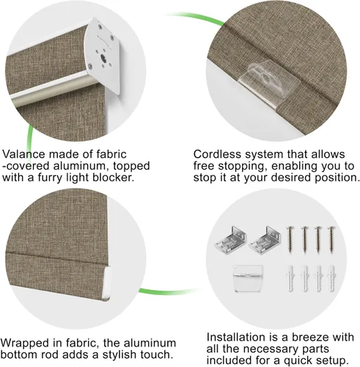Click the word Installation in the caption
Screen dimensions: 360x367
click(237, 337)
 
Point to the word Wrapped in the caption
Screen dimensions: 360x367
click(23, 343)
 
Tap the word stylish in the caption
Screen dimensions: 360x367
click(119, 355)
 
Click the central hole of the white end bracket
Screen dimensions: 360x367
click(103, 59)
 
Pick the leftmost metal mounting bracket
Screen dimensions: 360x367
click(230, 239)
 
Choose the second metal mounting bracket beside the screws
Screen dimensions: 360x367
click(265, 239)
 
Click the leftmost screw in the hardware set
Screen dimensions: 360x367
click(291, 240)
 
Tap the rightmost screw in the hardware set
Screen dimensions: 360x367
click(331, 240)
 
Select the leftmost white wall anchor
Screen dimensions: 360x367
click(290, 279)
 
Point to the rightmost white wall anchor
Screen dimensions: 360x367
click(331, 279)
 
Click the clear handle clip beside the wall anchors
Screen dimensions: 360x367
click(248, 278)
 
